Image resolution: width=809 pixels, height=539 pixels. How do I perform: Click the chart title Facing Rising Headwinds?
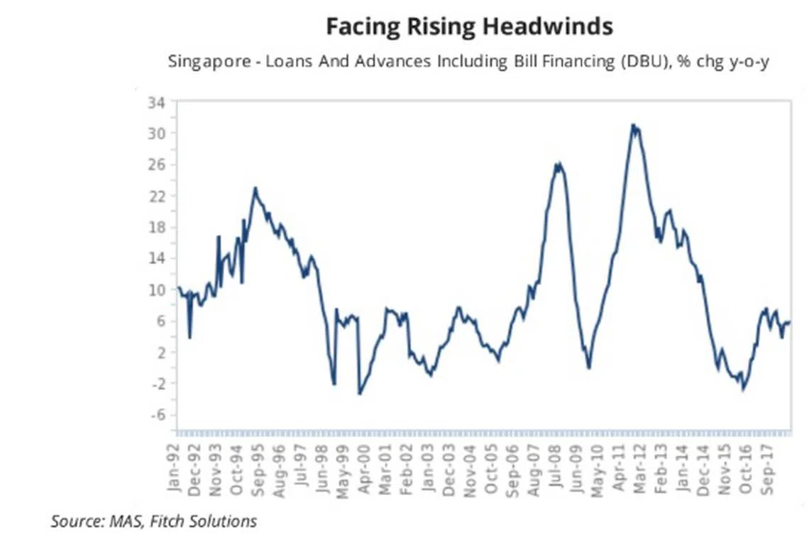469,27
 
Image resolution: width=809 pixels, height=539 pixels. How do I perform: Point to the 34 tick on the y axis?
156,102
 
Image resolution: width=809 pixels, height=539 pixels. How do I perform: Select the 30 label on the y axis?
156,133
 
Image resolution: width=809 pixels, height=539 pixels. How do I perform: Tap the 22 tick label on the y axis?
156,196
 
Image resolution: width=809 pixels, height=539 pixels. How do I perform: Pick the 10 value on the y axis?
156,289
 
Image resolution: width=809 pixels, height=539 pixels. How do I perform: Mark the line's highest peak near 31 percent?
632,126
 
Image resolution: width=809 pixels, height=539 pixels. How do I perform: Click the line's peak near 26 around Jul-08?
559,165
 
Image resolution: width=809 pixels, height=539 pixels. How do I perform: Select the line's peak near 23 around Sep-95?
255,189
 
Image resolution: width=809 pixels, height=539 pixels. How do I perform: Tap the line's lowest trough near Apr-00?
360,394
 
